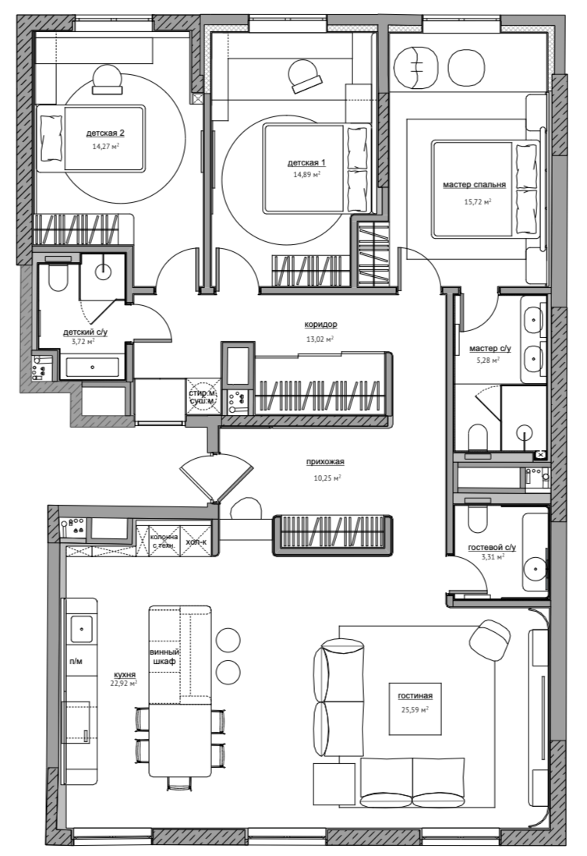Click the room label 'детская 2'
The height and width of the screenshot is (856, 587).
coord(105,133)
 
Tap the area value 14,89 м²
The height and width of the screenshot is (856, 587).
coord(306,175)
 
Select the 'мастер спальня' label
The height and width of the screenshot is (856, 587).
coord(474,185)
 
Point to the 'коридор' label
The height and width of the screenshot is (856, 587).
coord(320,325)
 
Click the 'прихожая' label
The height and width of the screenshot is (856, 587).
coord(325,462)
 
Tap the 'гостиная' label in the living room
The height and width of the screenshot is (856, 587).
coord(415,695)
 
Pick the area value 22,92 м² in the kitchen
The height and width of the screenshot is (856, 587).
coord(124,683)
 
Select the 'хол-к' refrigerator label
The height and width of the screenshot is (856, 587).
coord(196,542)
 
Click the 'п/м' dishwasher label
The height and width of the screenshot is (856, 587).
coord(76,662)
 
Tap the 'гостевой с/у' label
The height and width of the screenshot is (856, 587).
coord(492,547)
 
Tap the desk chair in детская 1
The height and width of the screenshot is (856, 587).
coord(304,76)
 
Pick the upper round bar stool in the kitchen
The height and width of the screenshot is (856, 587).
coord(228,639)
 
